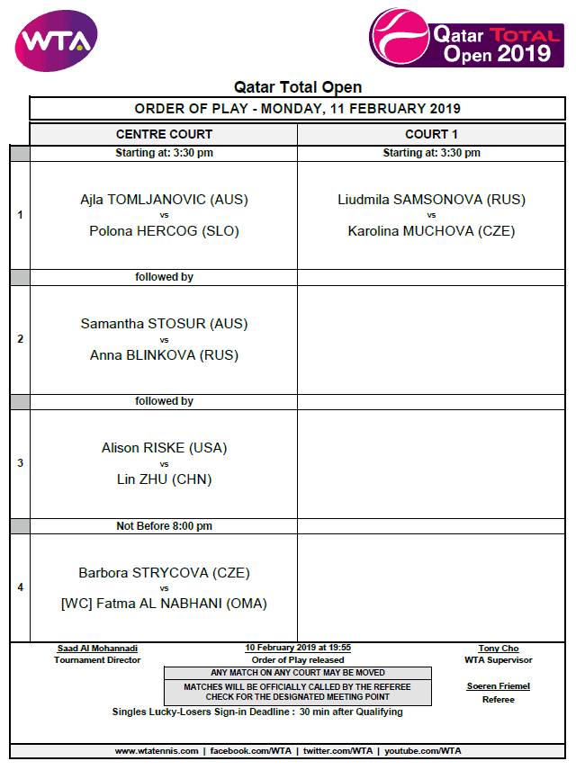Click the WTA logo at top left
tap(56, 40)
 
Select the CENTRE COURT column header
tap(164, 134)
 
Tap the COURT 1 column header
tap(431, 134)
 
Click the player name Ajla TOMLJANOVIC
tap(164, 200)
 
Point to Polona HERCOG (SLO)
tap(164, 231)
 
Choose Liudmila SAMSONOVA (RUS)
tap(431, 200)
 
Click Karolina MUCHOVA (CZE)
tap(431, 231)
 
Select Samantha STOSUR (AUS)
tap(164, 324)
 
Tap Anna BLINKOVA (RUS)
tap(164, 355)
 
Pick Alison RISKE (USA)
tap(164, 448)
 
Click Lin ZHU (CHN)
tap(164, 479)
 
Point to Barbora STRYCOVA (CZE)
tap(164, 572)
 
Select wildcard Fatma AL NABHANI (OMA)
tap(164, 604)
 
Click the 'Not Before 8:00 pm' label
tap(164, 526)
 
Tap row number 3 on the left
tap(20, 463)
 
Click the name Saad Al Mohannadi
tap(97, 649)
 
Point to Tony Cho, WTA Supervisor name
tap(498, 649)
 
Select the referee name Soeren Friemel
tap(498, 686)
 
